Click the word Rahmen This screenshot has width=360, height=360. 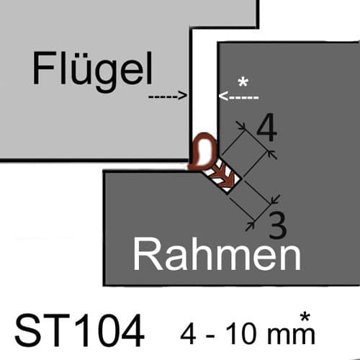pos(217,254)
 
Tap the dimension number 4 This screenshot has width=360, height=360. pos(267,127)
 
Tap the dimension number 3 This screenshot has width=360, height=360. pos(278,225)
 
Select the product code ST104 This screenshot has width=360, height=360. pos(79,330)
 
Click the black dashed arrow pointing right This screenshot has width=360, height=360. pos(168,96)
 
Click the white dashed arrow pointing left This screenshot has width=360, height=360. pos(238,96)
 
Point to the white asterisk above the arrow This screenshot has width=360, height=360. pos(243,83)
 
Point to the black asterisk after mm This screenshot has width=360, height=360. pos(305,318)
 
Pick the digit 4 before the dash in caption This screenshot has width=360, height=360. pos(189,333)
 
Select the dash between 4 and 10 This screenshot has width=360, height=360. pos(210,336)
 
